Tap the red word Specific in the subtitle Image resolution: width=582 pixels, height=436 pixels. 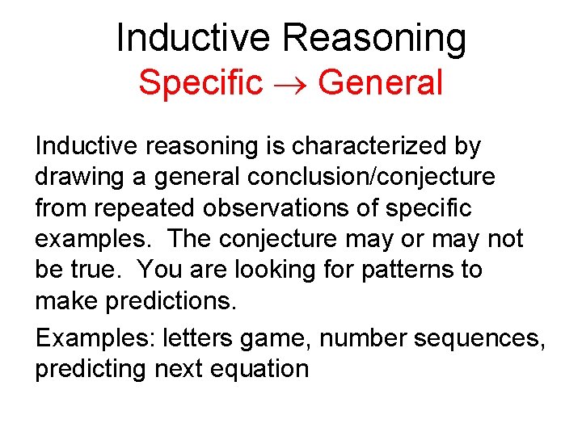(x=200, y=82)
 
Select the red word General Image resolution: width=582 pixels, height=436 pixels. (x=381, y=82)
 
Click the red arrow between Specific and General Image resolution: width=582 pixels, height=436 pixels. (x=290, y=84)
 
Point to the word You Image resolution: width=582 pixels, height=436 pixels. (x=162, y=269)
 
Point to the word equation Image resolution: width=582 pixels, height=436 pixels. (x=259, y=369)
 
